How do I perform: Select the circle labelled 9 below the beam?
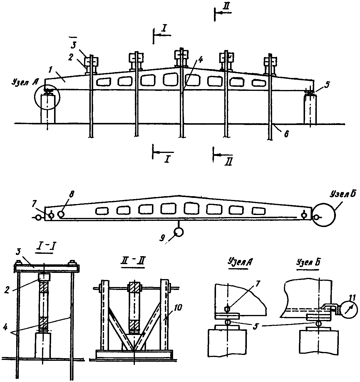pyautogui.click(x=178, y=232)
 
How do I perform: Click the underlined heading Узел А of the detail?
pyautogui.click(x=240, y=262)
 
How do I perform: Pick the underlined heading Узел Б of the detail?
pyautogui.click(x=308, y=262)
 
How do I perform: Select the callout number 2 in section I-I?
pyautogui.click(x=7, y=291)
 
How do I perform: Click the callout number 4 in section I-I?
pyautogui.click(x=5, y=328)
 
